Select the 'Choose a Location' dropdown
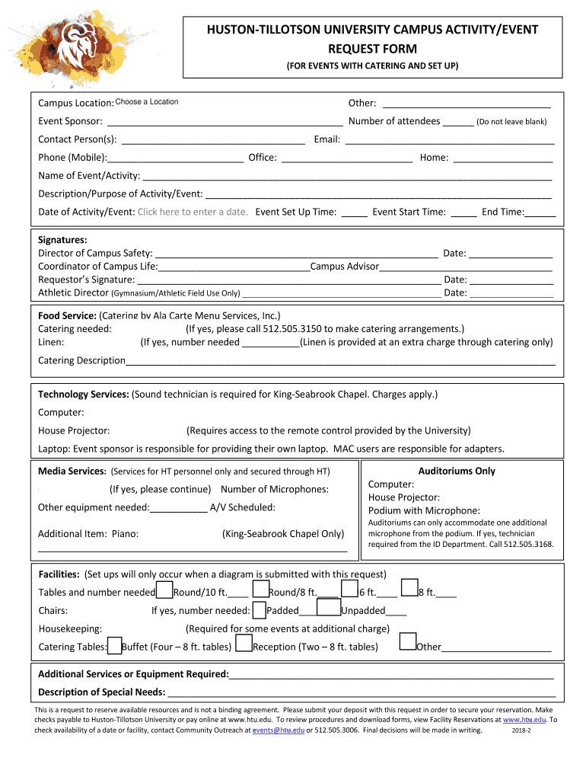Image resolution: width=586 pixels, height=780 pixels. pos(147,102)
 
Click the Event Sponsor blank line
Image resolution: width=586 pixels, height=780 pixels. pos(225,122)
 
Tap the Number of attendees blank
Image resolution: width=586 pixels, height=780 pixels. pos(457,122)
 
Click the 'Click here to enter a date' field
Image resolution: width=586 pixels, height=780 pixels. pos(193,212)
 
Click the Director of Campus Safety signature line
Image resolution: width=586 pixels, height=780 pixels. pos(296,254)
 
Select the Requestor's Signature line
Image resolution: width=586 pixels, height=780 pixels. pos(288,280)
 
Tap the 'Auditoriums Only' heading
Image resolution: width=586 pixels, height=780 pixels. pos(457,471)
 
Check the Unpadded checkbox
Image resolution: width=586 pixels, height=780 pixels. pos(328,608)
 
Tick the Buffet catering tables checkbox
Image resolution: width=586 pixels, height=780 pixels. pos(114,647)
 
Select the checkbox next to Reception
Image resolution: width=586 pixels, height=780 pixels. pos(244,645)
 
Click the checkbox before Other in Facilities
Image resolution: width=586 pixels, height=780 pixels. pos(408,642)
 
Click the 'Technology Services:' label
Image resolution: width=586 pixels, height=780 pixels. pos(84,395)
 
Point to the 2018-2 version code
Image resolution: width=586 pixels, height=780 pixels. pos(521,730)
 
